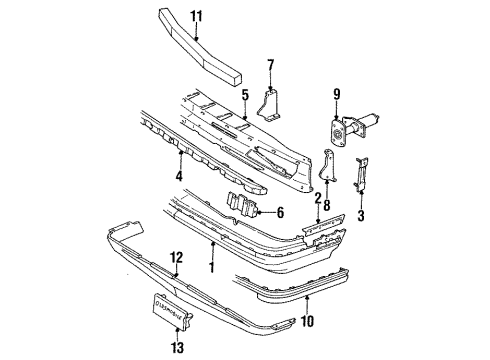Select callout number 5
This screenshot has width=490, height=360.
pos(245,96)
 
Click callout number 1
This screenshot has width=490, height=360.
pos(213,268)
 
